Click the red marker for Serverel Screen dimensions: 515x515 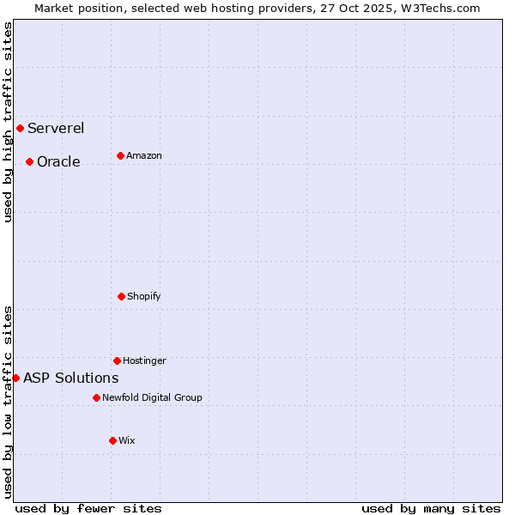(x=20, y=129)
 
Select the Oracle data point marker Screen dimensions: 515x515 (x=29, y=161)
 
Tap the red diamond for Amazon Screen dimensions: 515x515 (x=120, y=155)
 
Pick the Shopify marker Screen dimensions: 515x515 (x=121, y=296)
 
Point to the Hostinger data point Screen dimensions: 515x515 (x=117, y=360)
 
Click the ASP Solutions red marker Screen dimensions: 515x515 (x=15, y=378)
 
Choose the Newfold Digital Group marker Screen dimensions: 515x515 (x=96, y=397)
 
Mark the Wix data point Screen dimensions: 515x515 (x=112, y=440)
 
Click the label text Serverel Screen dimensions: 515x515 (x=56, y=129)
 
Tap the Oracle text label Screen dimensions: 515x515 (x=58, y=161)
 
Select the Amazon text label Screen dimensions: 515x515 (x=144, y=155)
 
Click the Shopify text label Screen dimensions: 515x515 (x=144, y=296)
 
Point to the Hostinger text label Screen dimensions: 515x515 (x=144, y=360)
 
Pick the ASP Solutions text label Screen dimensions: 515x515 (x=70, y=378)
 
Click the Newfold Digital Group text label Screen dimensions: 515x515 (x=152, y=397)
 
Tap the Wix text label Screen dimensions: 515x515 (x=127, y=440)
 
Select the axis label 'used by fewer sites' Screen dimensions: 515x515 (x=88, y=508)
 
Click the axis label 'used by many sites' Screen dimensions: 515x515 (x=431, y=508)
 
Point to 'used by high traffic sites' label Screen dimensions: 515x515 (x=8, y=122)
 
